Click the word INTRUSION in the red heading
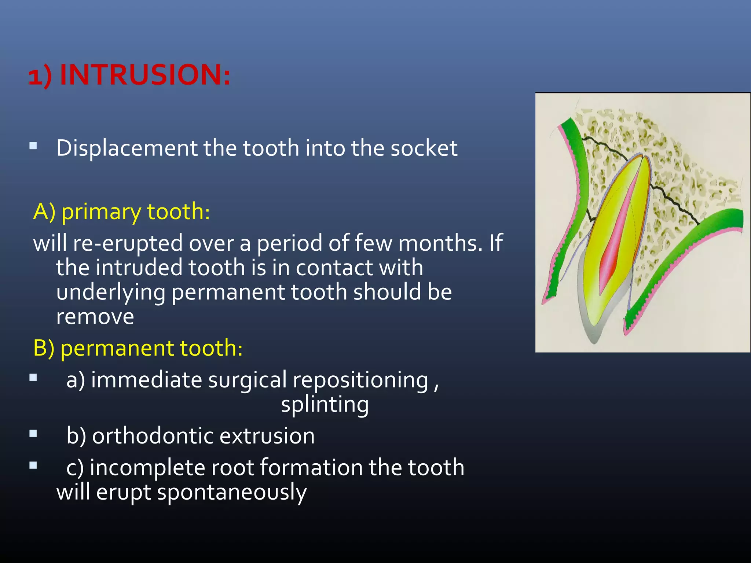(145, 75)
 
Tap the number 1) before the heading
(40, 77)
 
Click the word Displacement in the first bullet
(127, 148)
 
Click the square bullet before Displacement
(33, 146)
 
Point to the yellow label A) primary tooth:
(121, 212)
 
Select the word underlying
(110, 292)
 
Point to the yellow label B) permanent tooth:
(138, 348)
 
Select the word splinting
(325, 405)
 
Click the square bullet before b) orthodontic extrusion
(33, 434)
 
